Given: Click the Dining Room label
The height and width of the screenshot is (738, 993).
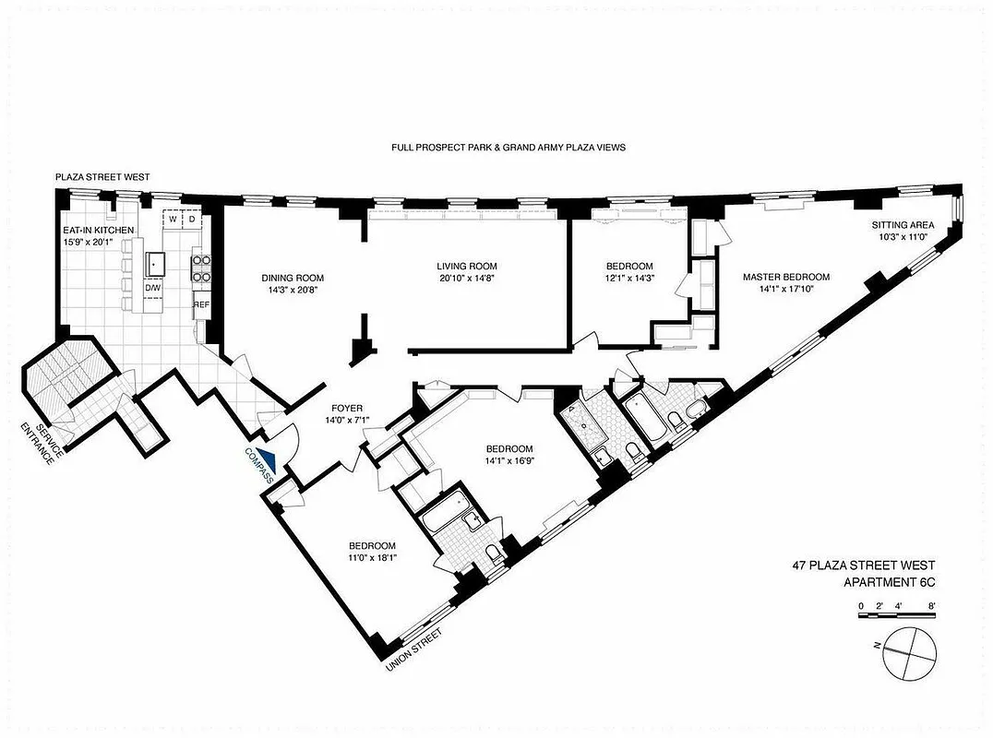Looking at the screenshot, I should pos(293,278).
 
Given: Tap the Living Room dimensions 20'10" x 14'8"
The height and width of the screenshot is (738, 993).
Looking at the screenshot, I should pos(473,280).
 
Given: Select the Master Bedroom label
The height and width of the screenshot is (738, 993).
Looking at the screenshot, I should pos(787,277).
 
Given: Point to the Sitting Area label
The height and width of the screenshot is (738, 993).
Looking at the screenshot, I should pos(903,225).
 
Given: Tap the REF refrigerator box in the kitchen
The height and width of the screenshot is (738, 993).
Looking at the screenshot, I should pos(201,304).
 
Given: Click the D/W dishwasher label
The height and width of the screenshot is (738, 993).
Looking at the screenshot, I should pos(151,288).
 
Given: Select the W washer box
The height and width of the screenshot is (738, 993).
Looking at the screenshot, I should pos(173,220).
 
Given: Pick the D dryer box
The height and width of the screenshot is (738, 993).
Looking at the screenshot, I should pos(192,220).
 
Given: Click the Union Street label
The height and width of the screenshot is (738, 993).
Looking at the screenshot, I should pos(413,649).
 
